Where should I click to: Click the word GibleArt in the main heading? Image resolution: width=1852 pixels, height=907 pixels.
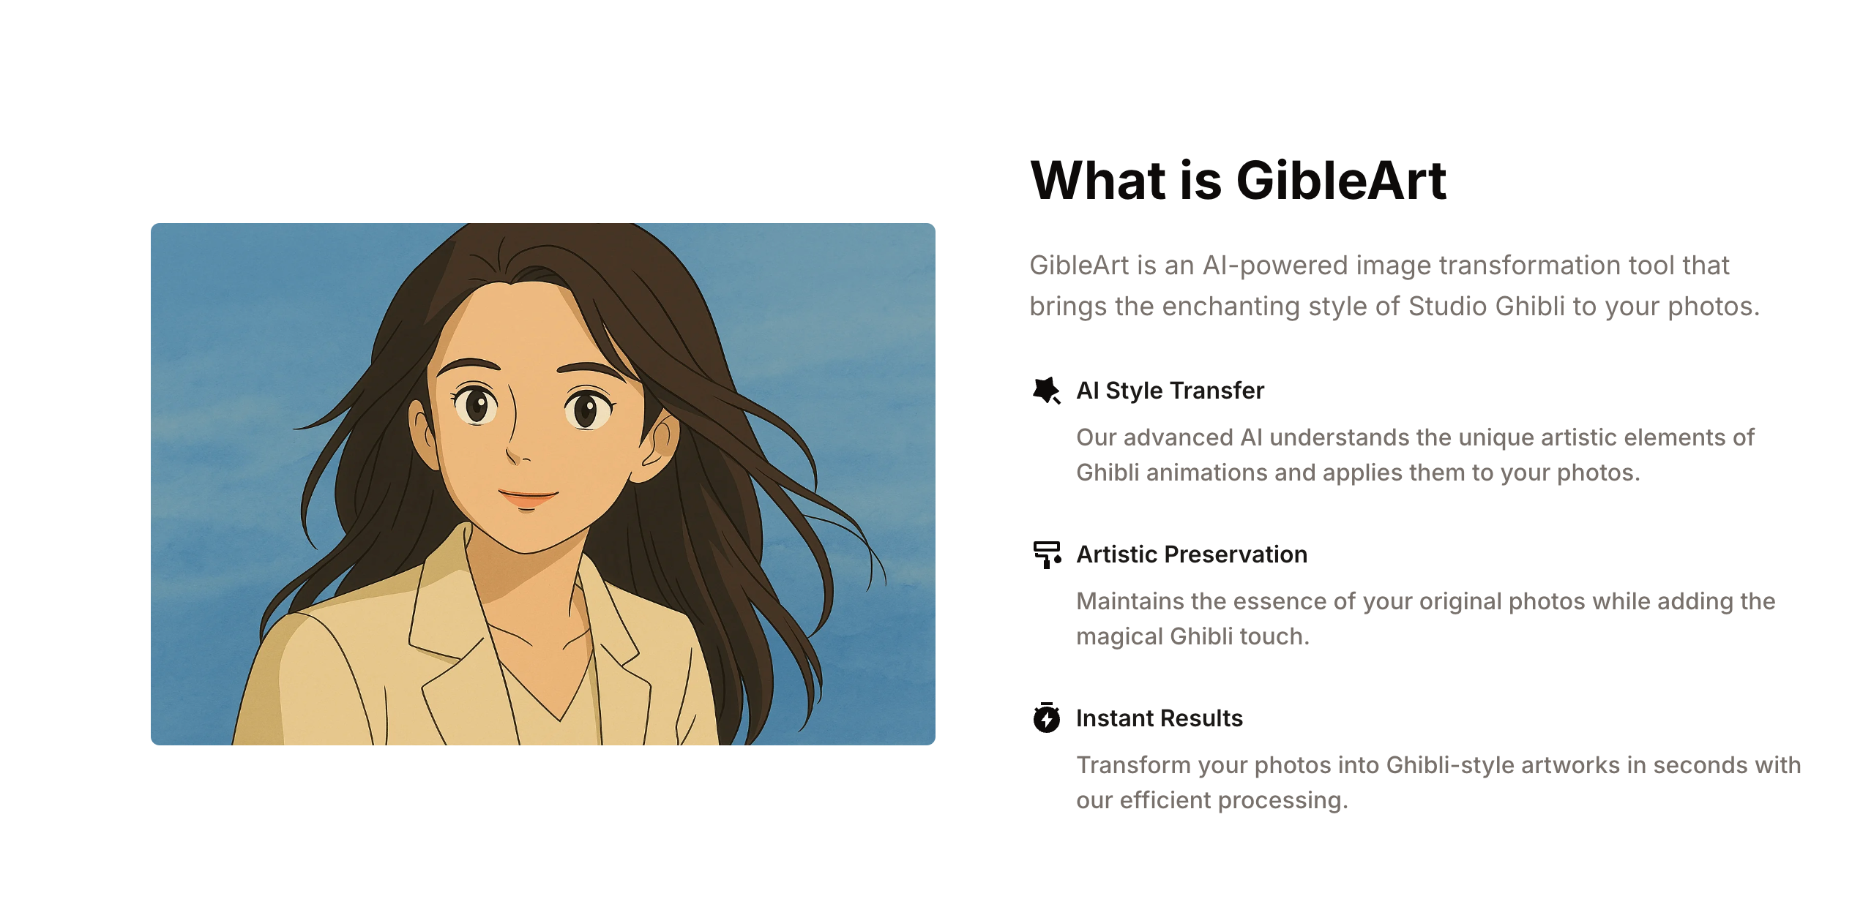1341,180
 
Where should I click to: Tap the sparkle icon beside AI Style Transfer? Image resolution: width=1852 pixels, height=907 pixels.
1046,391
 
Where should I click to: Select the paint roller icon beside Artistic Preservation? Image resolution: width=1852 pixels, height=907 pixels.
1047,554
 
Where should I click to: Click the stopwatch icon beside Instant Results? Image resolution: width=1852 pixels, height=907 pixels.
1047,718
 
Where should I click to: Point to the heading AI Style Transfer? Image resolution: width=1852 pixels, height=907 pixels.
1170,391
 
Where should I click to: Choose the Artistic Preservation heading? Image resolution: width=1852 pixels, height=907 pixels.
1192,554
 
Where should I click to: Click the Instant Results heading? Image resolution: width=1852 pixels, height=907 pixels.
1160,718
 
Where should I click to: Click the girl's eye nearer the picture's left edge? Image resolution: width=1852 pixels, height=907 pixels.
477,404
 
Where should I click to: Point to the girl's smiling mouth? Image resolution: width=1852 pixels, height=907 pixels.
528,498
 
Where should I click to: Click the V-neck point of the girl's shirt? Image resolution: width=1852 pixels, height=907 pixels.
561,718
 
